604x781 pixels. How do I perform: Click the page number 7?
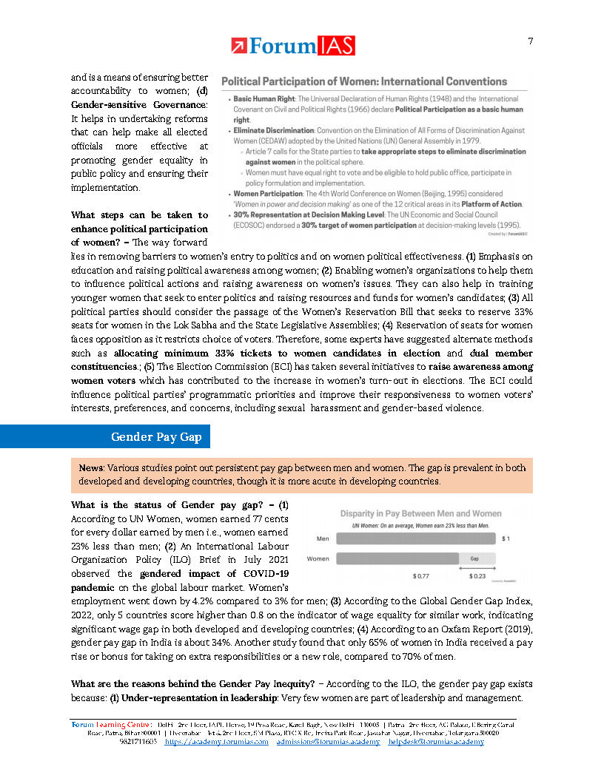(x=531, y=41)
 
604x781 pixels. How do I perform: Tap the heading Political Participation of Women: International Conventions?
(x=365, y=81)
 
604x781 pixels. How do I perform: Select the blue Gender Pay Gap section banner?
(x=104, y=437)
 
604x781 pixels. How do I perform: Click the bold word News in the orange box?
(x=92, y=468)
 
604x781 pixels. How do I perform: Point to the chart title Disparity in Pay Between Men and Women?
(x=420, y=513)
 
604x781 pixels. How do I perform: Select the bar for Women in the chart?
(x=400, y=558)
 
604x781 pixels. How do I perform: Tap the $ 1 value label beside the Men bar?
(x=506, y=539)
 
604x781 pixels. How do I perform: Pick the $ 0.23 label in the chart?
(x=478, y=575)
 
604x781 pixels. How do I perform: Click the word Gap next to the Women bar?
(x=477, y=558)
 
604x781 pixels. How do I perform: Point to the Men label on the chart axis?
(x=323, y=539)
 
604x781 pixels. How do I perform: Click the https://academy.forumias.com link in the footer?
(x=216, y=741)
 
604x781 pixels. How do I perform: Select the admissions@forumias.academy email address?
(x=328, y=741)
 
